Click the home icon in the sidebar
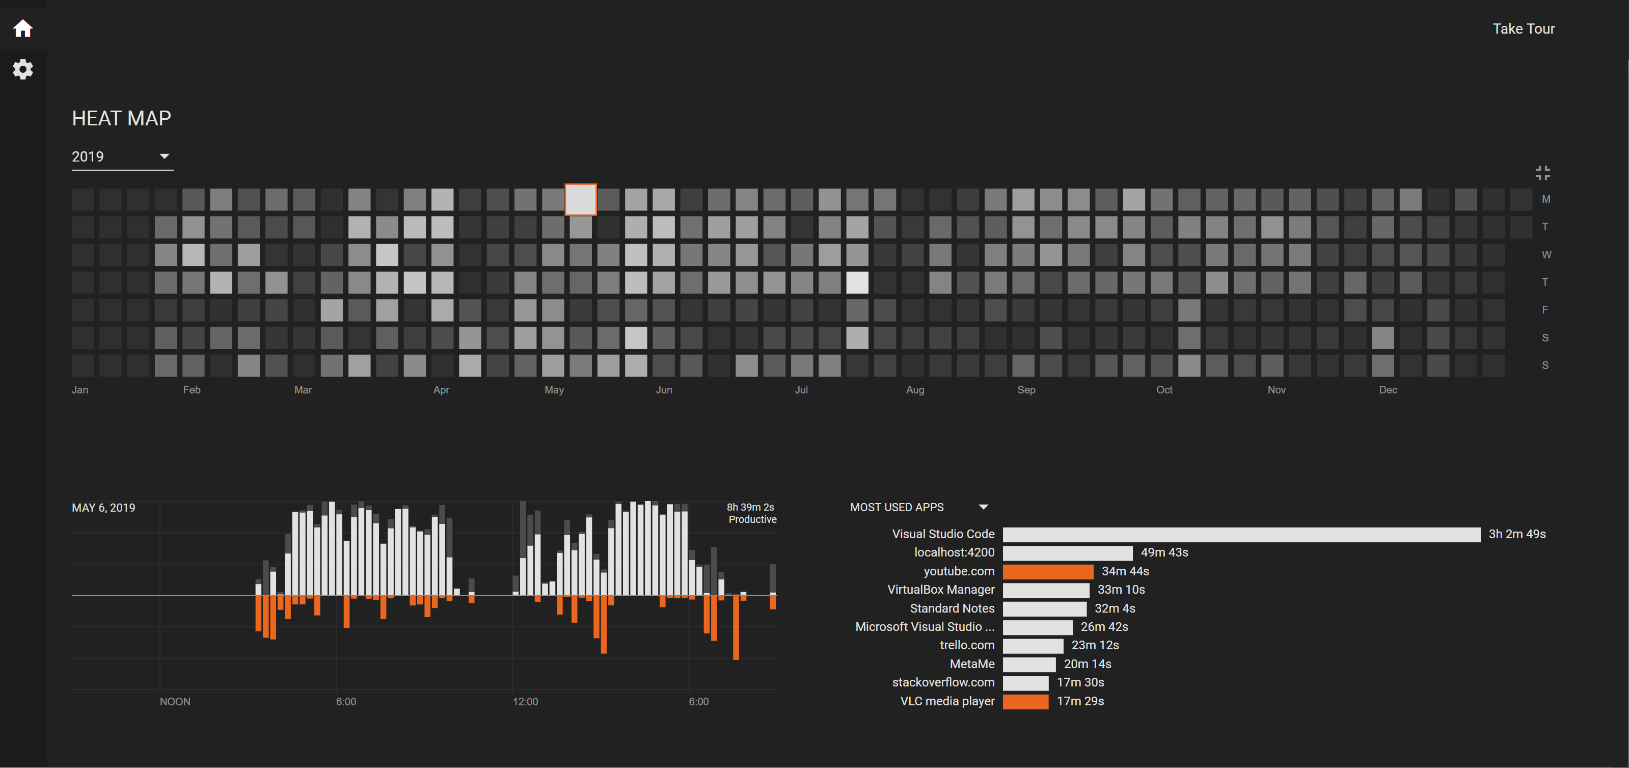pos(23,29)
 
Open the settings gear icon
pos(23,69)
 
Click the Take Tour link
pos(1524,29)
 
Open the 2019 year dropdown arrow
pos(165,156)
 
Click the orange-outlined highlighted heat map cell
pos(581,200)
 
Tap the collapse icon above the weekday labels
pos(1542,173)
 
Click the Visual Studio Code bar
pos(1241,535)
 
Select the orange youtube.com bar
pos(1048,571)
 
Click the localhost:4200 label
pos(954,552)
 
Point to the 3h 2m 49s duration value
pos(1516,534)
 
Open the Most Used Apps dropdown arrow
pos(983,507)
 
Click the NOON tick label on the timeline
pos(175,702)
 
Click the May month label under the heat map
pos(554,390)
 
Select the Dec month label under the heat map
pos(1388,390)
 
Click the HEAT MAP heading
pos(121,118)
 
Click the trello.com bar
pos(1034,646)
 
